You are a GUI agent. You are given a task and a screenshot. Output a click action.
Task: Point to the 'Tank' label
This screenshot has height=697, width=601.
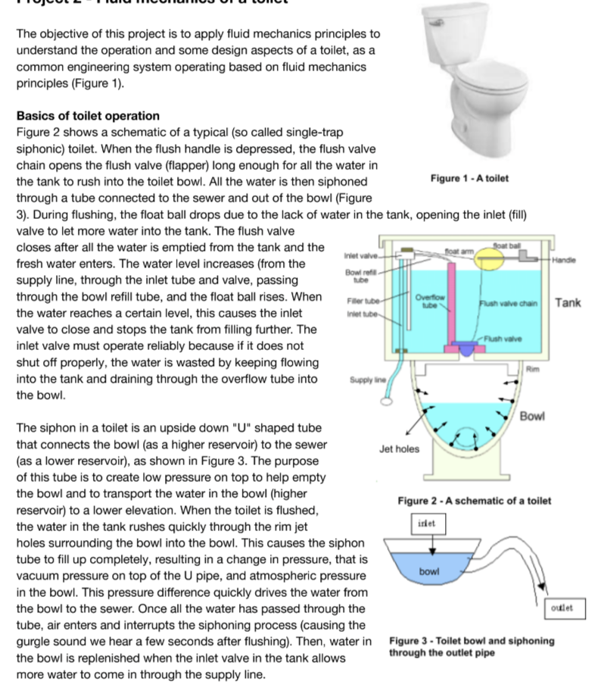(568, 303)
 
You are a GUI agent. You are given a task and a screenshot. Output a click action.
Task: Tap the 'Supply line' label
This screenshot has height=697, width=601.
(365, 380)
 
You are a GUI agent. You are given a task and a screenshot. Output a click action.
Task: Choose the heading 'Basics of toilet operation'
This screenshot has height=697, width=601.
(88, 116)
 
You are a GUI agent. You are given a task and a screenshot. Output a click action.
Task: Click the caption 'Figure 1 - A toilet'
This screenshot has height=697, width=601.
(469, 178)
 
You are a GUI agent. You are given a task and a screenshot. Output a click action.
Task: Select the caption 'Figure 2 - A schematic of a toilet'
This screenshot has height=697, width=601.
(474, 501)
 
